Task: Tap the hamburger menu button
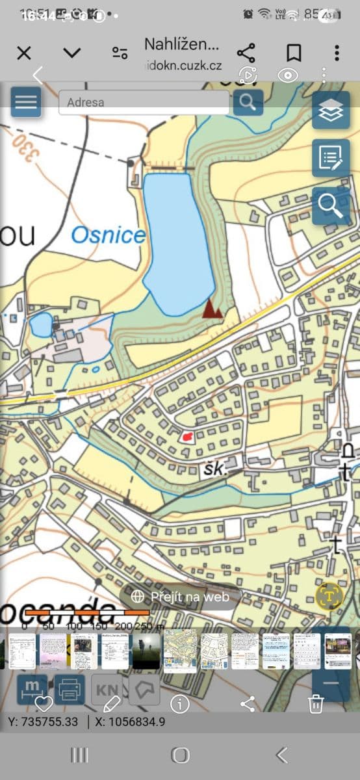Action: click(x=25, y=102)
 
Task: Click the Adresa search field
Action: click(x=143, y=102)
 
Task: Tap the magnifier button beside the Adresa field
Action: click(x=248, y=102)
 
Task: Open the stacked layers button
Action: click(x=331, y=110)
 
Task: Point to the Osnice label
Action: click(x=108, y=235)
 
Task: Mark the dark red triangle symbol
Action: click(x=212, y=309)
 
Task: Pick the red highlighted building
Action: click(x=187, y=437)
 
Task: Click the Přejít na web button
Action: click(x=181, y=596)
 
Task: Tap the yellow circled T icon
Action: click(x=330, y=596)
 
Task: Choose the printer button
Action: click(x=69, y=689)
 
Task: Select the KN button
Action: click(x=107, y=689)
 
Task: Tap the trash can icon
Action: click(x=316, y=703)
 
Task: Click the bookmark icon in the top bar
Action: click(x=294, y=53)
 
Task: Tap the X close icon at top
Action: click(x=24, y=53)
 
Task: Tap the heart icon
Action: click(x=43, y=703)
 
